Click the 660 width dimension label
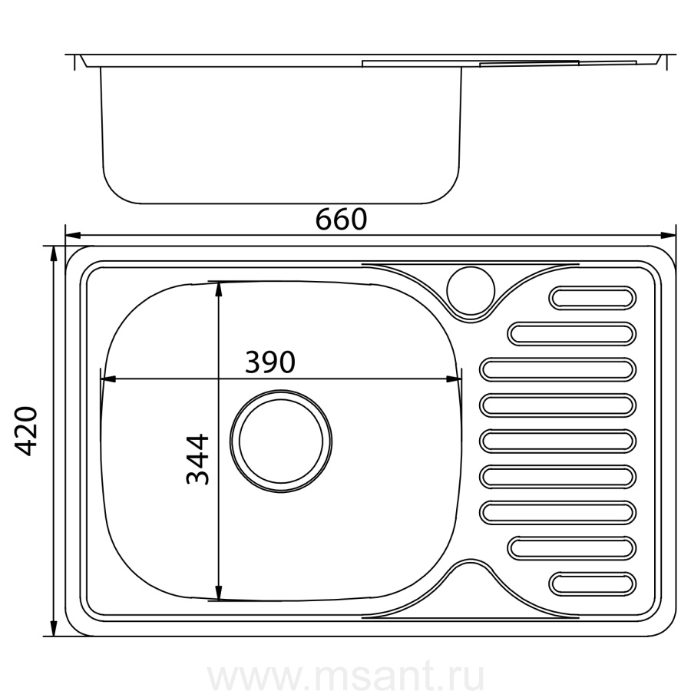tap(341, 219)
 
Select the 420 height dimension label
tap(26, 431)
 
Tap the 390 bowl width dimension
tap(269, 362)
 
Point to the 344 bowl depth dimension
tap(197, 459)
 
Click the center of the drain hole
tap(281, 441)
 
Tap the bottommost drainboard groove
tap(592, 584)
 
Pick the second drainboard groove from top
tap(571, 334)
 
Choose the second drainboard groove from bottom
tap(571, 548)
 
